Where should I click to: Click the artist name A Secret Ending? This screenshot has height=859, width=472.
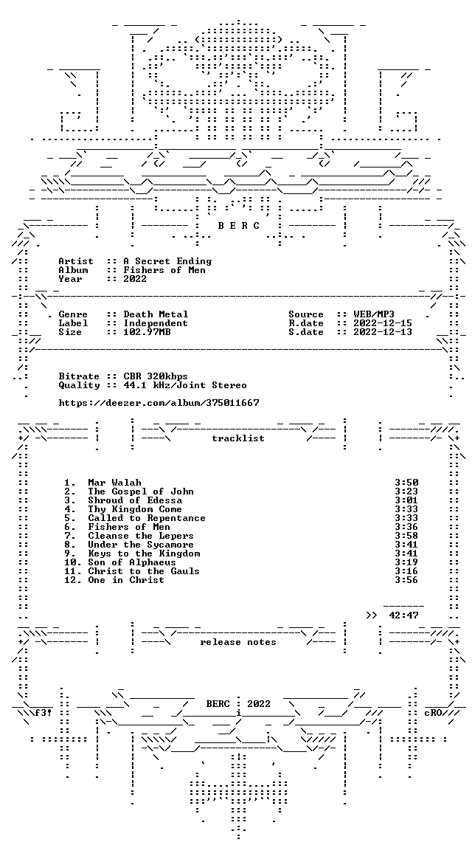pyautogui.click(x=167, y=261)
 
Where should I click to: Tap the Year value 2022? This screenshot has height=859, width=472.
pyautogui.click(x=135, y=279)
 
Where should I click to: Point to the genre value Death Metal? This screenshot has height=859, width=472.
pyautogui.click(x=156, y=314)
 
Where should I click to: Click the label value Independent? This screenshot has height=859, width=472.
pyautogui.click(x=156, y=323)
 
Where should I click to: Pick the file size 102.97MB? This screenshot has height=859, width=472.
pyautogui.click(x=147, y=332)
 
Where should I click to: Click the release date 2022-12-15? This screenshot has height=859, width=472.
pyautogui.click(x=383, y=323)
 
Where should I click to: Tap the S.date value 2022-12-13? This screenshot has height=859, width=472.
pyautogui.click(x=383, y=332)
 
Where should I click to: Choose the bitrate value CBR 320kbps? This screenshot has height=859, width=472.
pyautogui.click(x=156, y=376)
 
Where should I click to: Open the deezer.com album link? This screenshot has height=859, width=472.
pyautogui.click(x=159, y=403)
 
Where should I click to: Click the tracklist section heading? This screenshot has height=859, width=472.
pyautogui.click(x=238, y=438)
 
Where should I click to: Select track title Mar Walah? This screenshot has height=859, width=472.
pyautogui.click(x=114, y=483)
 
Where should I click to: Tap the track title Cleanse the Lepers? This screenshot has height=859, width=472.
pyautogui.click(x=141, y=536)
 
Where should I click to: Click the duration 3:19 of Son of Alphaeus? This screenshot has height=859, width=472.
pyautogui.click(x=406, y=562)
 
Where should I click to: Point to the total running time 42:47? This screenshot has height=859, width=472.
pyautogui.click(x=403, y=615)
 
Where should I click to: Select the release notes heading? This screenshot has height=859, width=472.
pyautogui.click(x=238, y=642)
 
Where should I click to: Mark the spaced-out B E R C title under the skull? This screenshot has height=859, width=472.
pyautogui.click(x=239, y=226)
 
